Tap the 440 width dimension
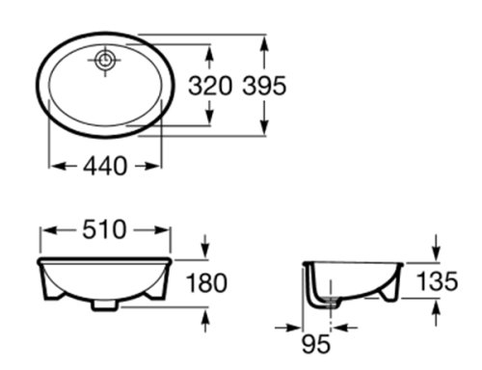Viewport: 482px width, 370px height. [104, 166]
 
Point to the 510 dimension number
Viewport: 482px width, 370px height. [104, 229]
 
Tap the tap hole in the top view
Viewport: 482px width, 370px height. [104, 60]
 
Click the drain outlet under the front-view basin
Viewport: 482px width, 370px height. [104, 307]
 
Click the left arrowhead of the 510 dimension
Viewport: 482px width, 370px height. [44, 229]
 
